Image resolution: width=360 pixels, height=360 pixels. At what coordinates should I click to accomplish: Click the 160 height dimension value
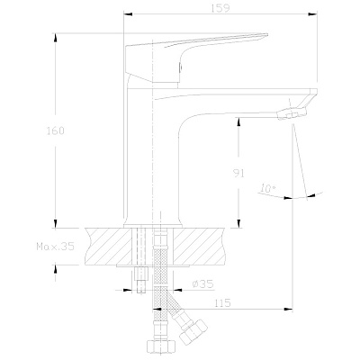55,130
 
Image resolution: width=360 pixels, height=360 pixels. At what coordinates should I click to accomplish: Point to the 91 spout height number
238,174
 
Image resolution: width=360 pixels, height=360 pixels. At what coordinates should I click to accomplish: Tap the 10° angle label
268,188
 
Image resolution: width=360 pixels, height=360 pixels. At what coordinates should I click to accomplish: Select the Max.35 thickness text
55,247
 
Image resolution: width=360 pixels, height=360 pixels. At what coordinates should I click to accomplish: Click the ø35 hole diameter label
202,283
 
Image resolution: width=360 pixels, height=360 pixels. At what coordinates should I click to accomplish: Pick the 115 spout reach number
222,303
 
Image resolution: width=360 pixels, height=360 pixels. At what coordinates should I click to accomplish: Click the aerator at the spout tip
292,114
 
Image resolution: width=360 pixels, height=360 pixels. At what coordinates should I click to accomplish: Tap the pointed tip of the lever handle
267,34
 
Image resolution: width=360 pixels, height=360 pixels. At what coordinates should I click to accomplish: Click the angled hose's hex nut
193,332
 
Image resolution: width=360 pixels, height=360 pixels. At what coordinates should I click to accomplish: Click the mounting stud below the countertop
141,280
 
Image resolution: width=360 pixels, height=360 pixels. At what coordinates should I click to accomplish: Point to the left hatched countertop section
109,247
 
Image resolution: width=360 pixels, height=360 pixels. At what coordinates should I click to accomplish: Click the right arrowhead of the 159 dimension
313,13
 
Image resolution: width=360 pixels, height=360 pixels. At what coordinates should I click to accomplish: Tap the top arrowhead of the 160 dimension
55,38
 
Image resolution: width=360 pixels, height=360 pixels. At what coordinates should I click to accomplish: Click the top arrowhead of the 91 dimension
238,122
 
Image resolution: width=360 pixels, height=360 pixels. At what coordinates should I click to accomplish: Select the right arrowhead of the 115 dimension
288,309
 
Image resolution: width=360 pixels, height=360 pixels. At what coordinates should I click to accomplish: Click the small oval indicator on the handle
181,67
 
